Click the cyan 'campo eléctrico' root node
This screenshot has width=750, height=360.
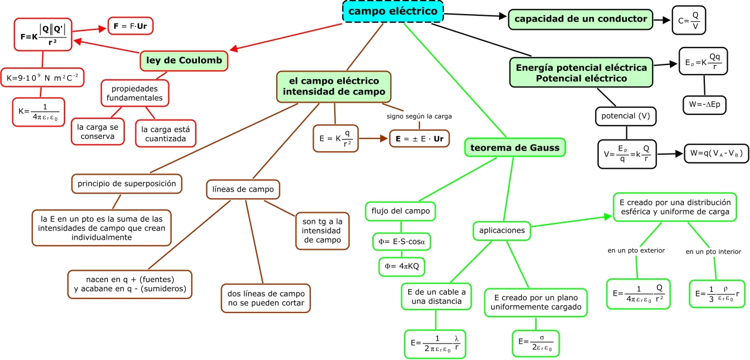tap(393, 12)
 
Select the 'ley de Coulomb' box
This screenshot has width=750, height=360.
tap(184, 61)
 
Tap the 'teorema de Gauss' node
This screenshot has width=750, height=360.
tap(515, 147)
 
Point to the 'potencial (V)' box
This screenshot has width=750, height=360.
tap(625, 116)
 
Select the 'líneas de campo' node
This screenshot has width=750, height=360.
tap(243, 189)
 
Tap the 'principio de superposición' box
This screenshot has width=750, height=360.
tap(127, 184)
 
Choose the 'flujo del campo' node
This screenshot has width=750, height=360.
tap(401, 211)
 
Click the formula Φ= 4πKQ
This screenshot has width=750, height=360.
tap(402, 266)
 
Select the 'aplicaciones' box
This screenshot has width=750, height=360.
tap(502, 230)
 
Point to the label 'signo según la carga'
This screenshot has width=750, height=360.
tap(419, 116)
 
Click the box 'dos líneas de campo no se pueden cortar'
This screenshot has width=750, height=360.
tap(266, 298)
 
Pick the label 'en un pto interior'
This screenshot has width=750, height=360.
tap(713, 252)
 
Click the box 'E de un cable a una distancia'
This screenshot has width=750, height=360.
tap(435, 297)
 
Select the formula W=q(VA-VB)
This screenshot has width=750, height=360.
tap(717, 154)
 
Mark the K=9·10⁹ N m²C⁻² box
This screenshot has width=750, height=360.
tap(42, 77)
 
